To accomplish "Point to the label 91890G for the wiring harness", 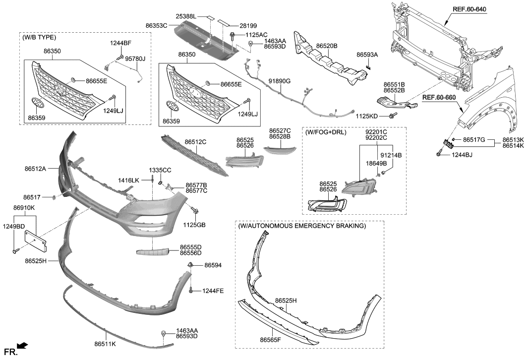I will coord(280,81).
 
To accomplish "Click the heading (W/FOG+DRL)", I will coord(326,132).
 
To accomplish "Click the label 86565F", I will coord(270,340).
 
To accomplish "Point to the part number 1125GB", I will coord(194,225).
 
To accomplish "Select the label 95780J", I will coord(135,59).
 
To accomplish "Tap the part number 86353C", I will coord(156,25).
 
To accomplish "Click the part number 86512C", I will coord(195,142).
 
